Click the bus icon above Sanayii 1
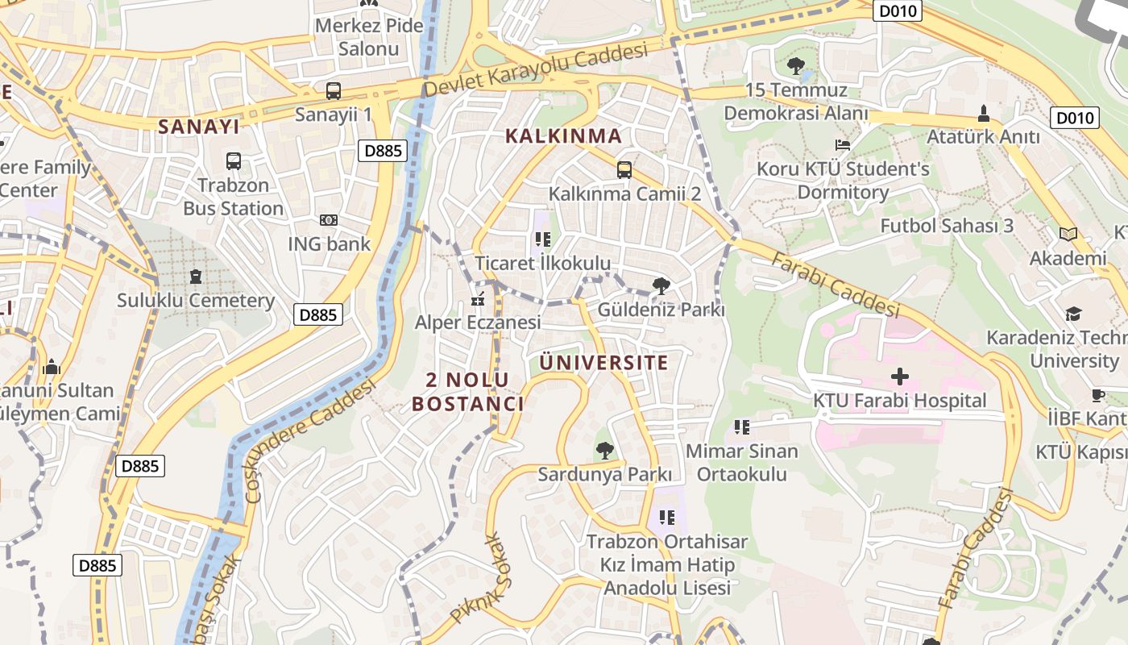334,91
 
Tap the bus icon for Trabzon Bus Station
234,161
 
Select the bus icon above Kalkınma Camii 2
624,169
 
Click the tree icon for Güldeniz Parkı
661,285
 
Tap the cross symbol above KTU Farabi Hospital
899,377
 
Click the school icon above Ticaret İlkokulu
542,239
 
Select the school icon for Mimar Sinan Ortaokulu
742,427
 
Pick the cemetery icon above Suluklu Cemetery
196,277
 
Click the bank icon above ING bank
329,220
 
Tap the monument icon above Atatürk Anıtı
983,114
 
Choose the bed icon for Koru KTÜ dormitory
843,146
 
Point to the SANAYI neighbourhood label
199,127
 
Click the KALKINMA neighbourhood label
563,135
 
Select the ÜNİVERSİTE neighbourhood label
603,363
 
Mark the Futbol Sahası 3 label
947,226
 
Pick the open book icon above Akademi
1068,235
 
